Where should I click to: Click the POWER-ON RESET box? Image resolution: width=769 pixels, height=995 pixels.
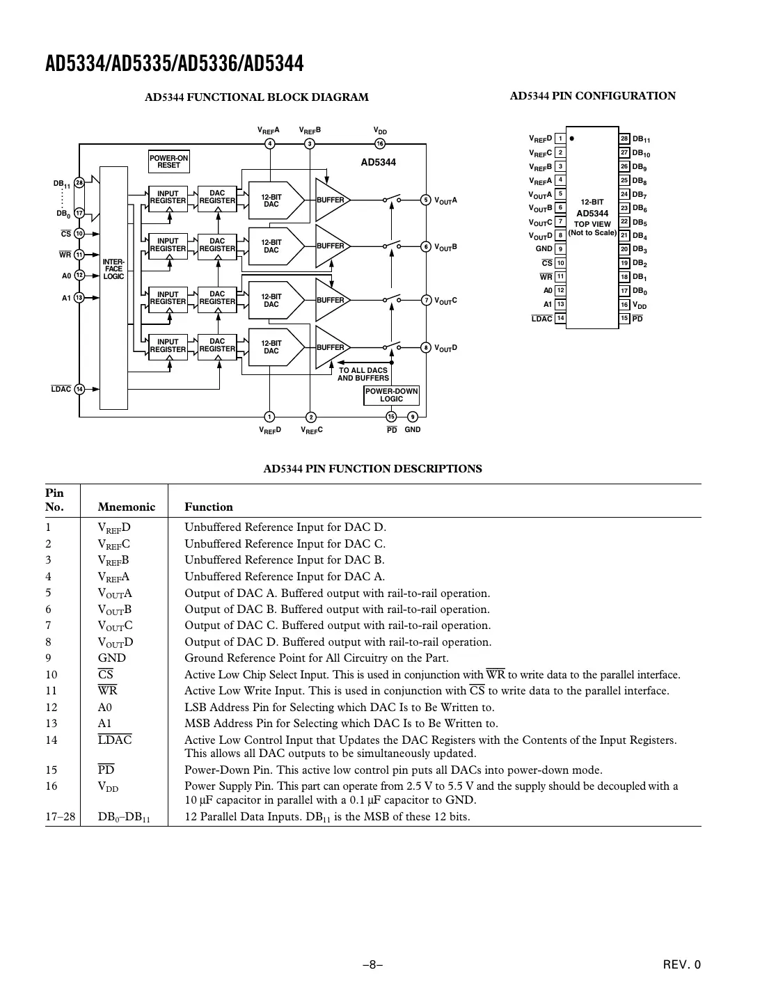coord(168,161)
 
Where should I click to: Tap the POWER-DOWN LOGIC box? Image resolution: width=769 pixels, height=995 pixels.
coord(391,395)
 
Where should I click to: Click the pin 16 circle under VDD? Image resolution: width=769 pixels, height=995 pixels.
coord(379,144)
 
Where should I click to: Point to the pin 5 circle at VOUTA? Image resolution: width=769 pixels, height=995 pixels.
coord(426,200)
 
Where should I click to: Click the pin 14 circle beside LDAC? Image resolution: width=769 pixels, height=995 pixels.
coord(79,389)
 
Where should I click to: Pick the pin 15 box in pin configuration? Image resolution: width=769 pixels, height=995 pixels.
coord(624,319)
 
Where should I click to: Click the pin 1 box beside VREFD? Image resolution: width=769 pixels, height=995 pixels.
coord(560,138)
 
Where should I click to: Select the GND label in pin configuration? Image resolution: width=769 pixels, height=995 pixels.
coord(544,249)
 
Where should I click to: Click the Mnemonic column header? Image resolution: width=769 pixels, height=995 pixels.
coord(127,507)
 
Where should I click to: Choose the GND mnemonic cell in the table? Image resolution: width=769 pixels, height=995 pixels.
coord(112,658)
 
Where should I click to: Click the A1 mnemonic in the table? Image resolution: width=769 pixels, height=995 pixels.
coord(104,724)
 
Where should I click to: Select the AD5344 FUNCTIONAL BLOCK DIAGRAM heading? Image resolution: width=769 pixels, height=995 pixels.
coord(256,97)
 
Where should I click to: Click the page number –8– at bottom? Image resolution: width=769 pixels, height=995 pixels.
coord(373,964)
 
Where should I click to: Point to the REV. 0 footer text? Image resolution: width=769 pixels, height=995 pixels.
coord(681,964)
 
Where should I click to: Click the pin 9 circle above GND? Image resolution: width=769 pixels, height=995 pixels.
coord(413,417)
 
